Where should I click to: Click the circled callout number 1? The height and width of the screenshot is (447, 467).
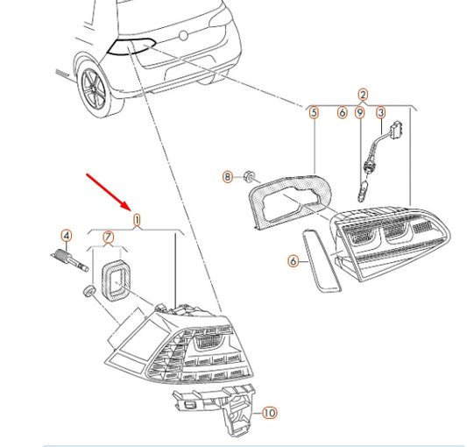pyautogui.click(x=137, y=220)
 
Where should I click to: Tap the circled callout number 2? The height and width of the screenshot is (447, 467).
pyautogui.click(x=363, y=95)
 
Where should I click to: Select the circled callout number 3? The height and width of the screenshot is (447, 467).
pyautogui.click(x=381, y=113)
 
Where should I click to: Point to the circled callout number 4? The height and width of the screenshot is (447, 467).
pyautogui.click(x=67, y=236)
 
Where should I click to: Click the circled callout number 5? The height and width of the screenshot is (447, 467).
pyautogui.click(x=314, y=113)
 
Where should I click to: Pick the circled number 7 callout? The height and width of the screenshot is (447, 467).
pyautogui.click(x=108, y=238)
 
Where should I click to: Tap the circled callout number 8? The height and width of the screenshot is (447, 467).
pyautogui.click(x=228, y=177)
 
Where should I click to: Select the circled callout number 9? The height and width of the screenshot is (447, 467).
pyautogui.click(x=360, y=113)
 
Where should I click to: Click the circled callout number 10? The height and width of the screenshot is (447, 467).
pyautogui.click(x=269, y=413)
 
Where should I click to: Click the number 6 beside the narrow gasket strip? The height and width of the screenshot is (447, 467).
pyautogui.click(x=294, y=261)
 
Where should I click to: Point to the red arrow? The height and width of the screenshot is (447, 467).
pyautogui.click(x=108, y=191)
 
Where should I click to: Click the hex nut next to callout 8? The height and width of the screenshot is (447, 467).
pyautogui.click(x=248, y=176)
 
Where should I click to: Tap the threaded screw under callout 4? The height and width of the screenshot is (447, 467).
pyautogui.click(x=69, y=259)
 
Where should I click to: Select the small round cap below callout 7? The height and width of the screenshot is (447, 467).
pyautogui.click(x=89, y=290)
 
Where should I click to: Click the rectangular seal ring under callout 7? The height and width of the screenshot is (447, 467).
pyautogui.click(x=116, y=279)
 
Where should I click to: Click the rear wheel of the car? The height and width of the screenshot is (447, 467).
pyautogui.click(x=94, y=89)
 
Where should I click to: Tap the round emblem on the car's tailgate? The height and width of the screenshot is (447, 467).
pyautogui.click(x=183, y=36)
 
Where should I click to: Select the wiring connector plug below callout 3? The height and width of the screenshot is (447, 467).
pyautogui.click(x=397, y=129)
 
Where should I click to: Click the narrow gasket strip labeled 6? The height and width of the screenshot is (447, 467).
pyautogui.click(x=322, y=260)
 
